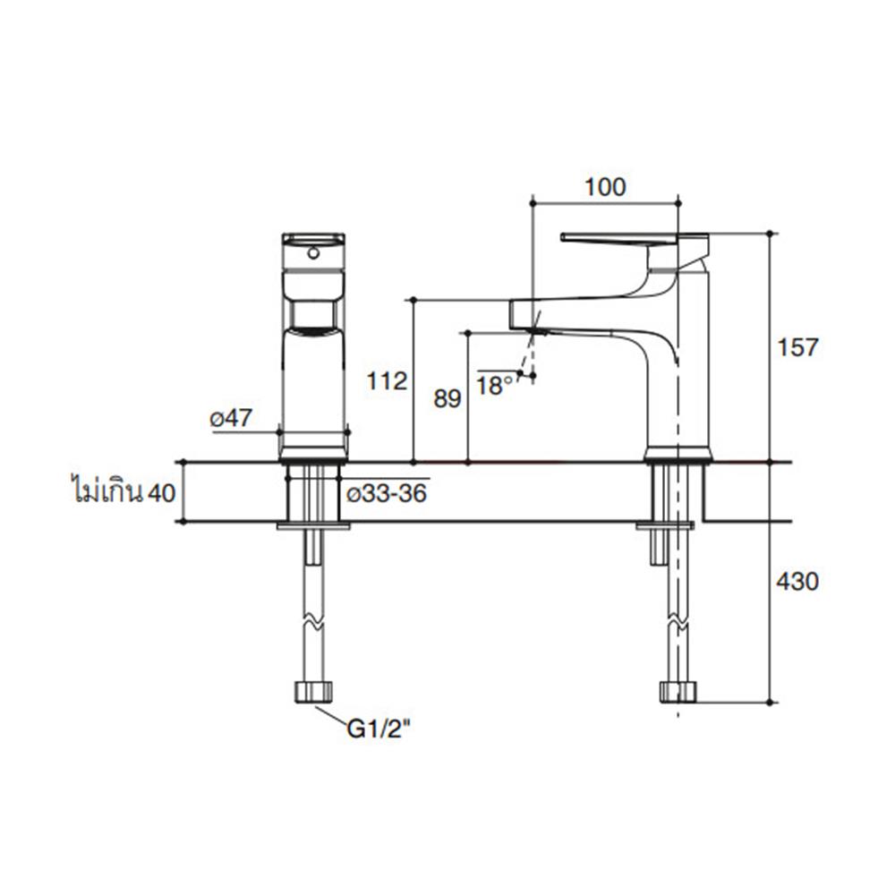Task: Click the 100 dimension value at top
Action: (x=605, y=187)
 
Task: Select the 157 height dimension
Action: (x=798, y=346)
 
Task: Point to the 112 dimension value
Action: (x=387, y=382)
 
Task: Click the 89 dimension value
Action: (x=447, y=399)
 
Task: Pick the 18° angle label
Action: (x=495, y=385)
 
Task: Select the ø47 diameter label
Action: (x=231, y=418)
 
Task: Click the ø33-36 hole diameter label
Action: (x=386, y=495)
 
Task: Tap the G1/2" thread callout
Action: (x=379, y=730)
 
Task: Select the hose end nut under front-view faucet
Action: (x=312, y=691)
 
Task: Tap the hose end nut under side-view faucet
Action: (x=678, y=691)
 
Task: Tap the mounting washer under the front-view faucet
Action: (x=312, y=526)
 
